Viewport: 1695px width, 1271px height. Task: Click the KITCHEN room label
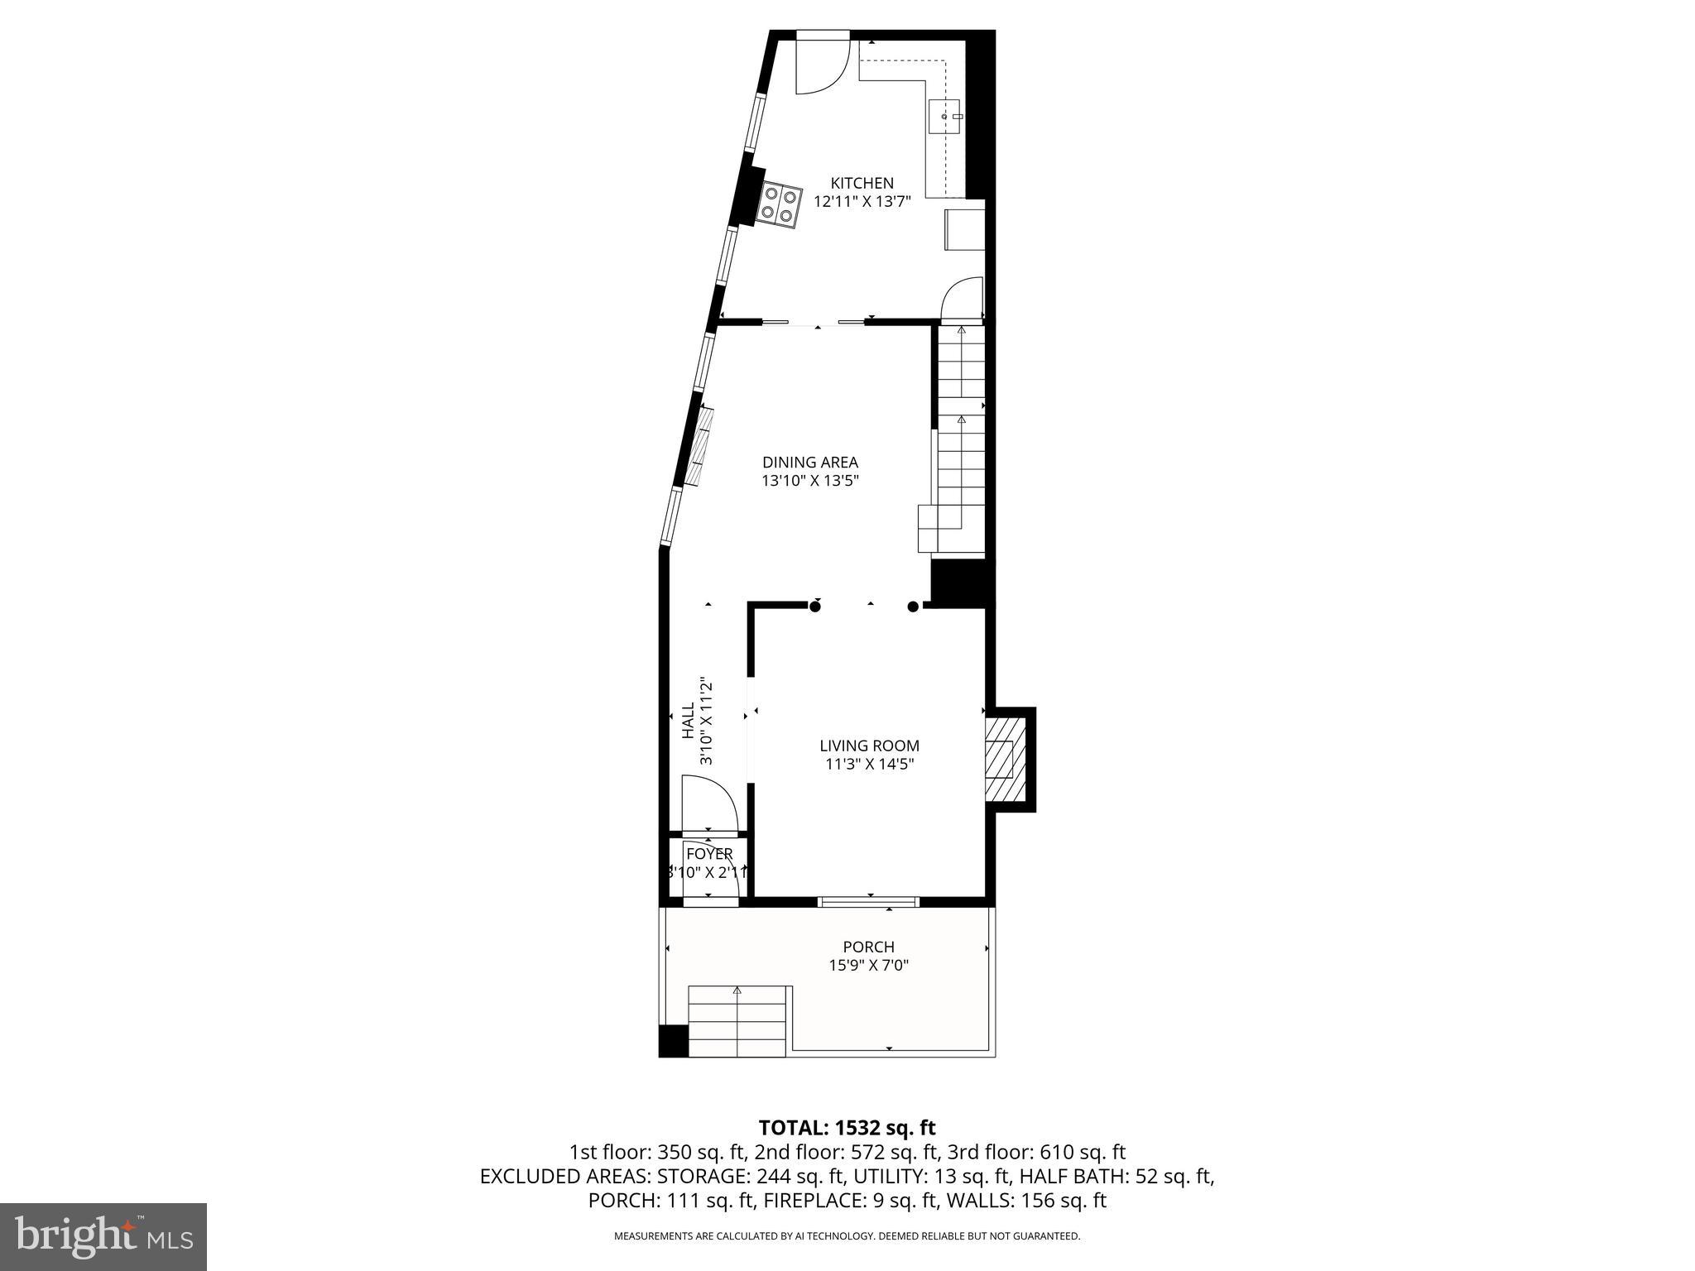(x=862, y=183)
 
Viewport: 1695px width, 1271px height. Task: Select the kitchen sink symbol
(x=946, y=118)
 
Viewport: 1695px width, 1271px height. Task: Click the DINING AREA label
(x=809, y=463)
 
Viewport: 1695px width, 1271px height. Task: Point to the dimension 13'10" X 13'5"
(x=809, y=481)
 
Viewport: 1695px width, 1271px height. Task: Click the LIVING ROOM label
(x=869, y=746)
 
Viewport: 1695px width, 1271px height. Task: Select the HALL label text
(x=688, y=721)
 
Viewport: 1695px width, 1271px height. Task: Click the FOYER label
(x=709, y=854)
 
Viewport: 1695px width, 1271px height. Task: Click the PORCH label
(x=868, y=947)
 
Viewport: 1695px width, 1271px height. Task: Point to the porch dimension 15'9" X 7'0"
(x=868, y=965)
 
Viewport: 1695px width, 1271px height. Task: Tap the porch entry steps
(x=737, y=1021)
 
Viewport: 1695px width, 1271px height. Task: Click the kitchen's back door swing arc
(x=822, y=66)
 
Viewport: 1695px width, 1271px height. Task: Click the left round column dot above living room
(x=815, y=607)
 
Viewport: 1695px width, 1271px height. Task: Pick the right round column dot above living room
(x=913, y=607)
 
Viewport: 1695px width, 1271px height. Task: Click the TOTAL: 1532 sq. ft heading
(x=847, y=1127)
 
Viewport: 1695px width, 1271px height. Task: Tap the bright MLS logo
(x=103, y=1236)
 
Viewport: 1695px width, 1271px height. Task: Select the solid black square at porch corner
(x=673, y=1041)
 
